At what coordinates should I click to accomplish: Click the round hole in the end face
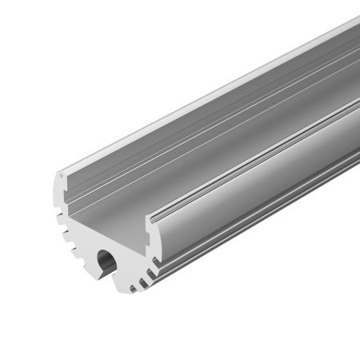(103, 259)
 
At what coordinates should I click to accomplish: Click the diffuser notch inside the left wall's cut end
(70, 185)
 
